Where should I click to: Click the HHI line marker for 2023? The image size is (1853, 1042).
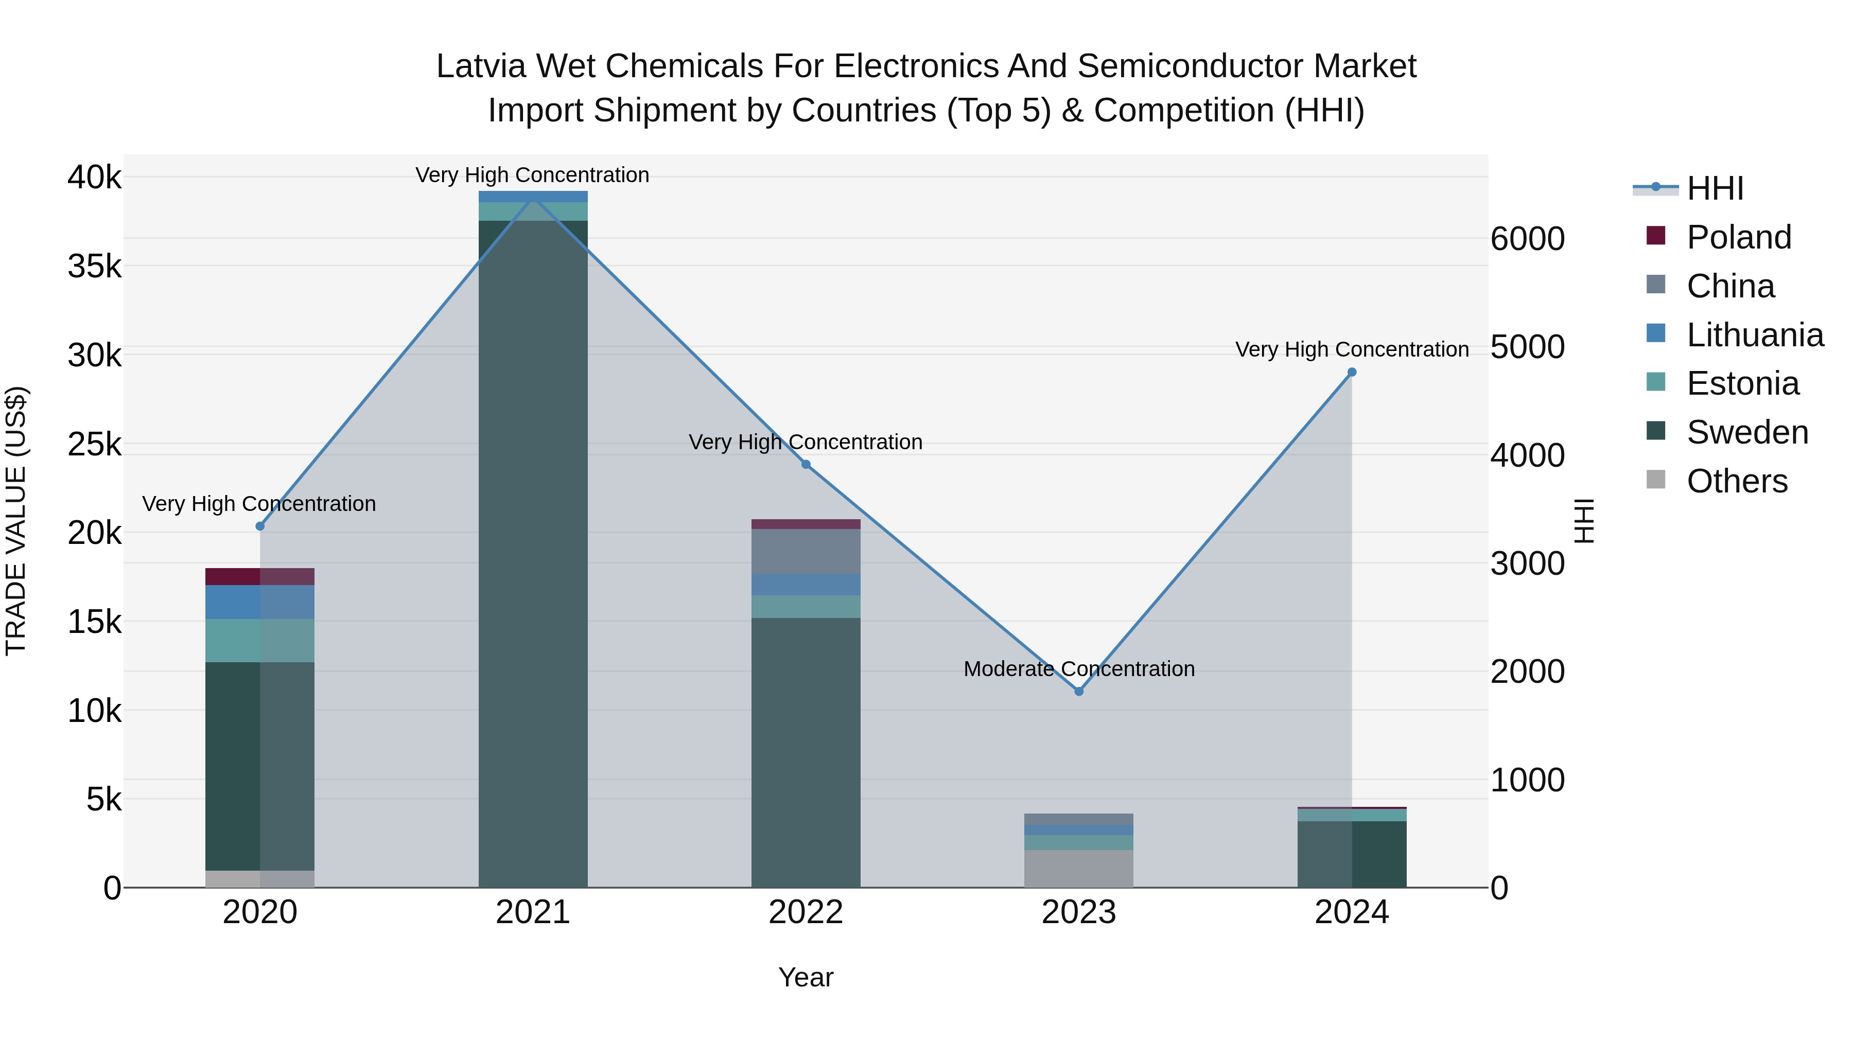[x=1078, y=691]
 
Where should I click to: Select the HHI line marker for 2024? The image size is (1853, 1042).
[x=1352, y=373]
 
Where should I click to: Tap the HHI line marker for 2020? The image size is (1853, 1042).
[x=260, y=526]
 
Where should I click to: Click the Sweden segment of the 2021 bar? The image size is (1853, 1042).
[x=533, y=554]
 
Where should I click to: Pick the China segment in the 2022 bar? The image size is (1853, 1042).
[x=806, y=551]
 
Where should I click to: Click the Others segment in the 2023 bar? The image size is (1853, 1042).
[x=1078, y=869]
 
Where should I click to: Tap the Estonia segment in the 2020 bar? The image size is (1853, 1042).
[x=260, y=641]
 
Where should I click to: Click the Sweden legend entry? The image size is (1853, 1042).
[x=1746, y=432]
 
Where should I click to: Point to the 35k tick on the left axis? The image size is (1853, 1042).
[x=94, y=267]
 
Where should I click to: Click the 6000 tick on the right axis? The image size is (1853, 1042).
[x=1527, y=239]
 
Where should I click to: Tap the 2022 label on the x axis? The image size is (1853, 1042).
[x=806, y=912]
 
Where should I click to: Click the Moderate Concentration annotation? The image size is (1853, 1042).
[x=1078, y=669]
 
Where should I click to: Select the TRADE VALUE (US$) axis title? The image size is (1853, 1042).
[x=16, y=521]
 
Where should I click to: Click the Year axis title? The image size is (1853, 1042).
[x=806, y=977]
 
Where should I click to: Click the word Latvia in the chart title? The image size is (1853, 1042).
[x=480, y=66]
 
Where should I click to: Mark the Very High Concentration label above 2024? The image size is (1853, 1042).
[x=1352, y=349]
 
